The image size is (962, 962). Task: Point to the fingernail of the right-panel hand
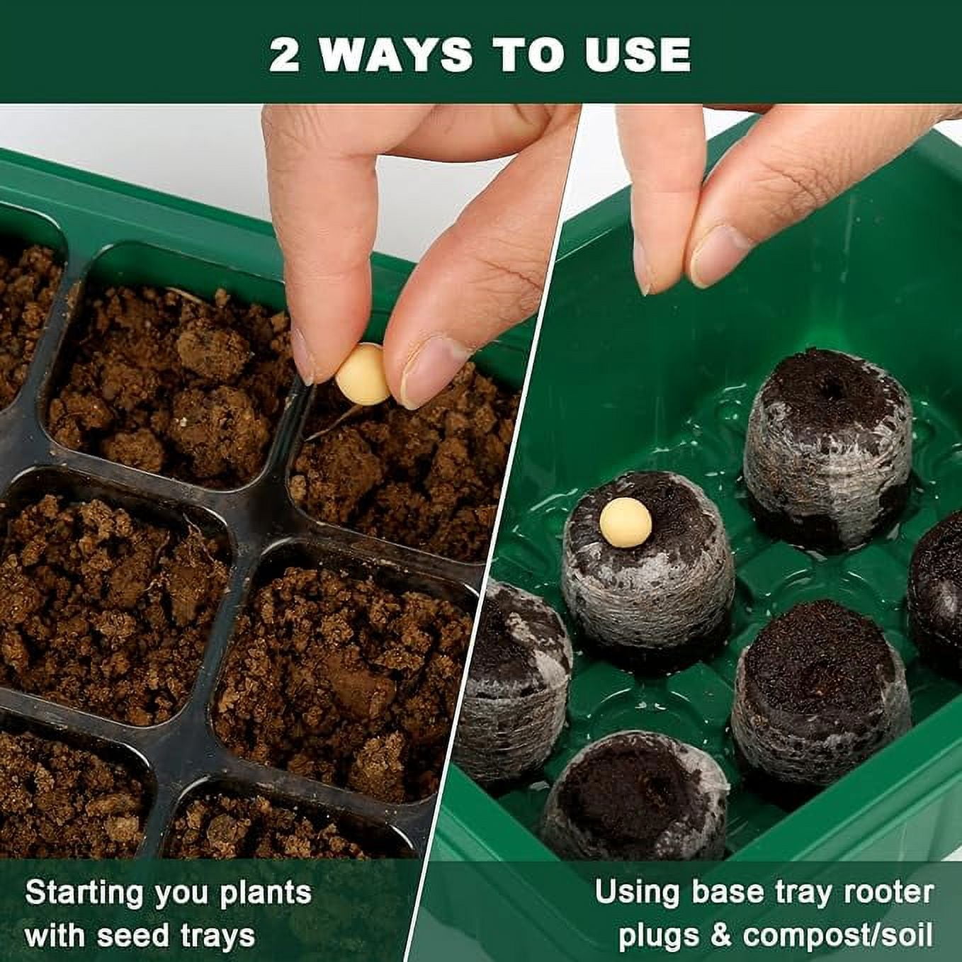click(719, 256)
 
